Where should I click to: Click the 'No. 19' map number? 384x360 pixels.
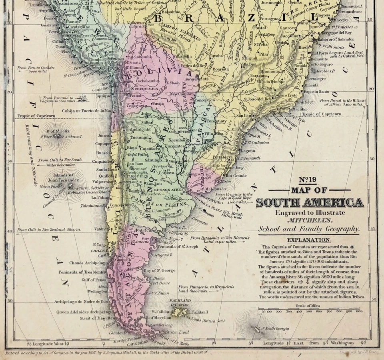[309, 179]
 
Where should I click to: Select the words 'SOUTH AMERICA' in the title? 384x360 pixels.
[310, 202]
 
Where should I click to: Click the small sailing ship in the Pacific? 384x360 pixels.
[83, 97]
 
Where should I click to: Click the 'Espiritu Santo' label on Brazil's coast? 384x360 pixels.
[316, 92]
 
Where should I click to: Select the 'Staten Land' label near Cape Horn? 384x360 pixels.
[177, 332]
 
